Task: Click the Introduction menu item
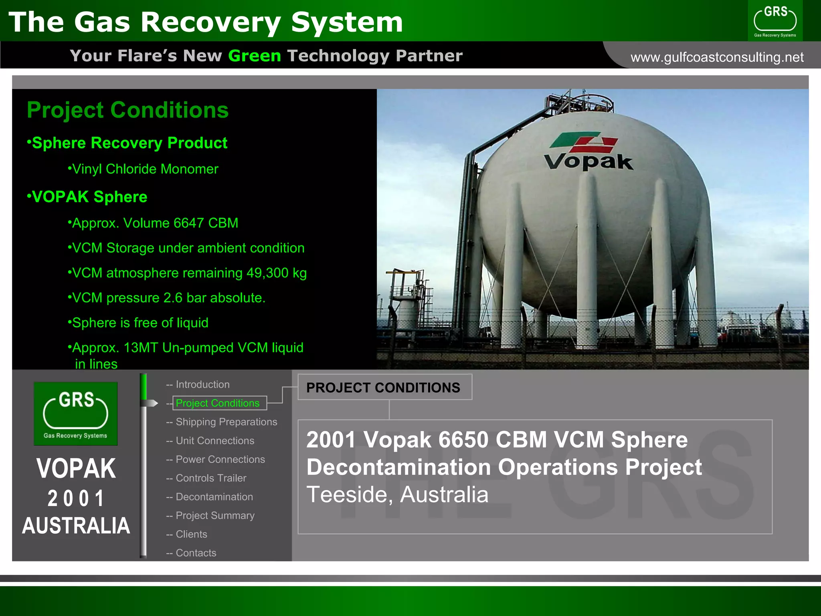(202, 385)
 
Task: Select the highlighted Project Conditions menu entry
(218, 403)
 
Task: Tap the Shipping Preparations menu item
(226, 422)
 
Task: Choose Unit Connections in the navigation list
(215, 441)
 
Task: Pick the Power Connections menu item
(220, 460)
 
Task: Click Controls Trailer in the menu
(211, 478)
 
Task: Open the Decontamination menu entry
(214, 497)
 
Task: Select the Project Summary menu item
(215, 516)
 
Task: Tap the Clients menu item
(191, 534)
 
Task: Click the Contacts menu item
(196, 553)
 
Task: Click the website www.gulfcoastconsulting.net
(717, 57)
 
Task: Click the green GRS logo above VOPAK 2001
(75, 413)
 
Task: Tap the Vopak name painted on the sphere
(588, 162)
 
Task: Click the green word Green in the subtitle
(255, 56)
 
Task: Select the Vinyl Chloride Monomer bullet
(145, 169)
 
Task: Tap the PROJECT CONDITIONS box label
(383, 387)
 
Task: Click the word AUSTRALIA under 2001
(76, 525)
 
